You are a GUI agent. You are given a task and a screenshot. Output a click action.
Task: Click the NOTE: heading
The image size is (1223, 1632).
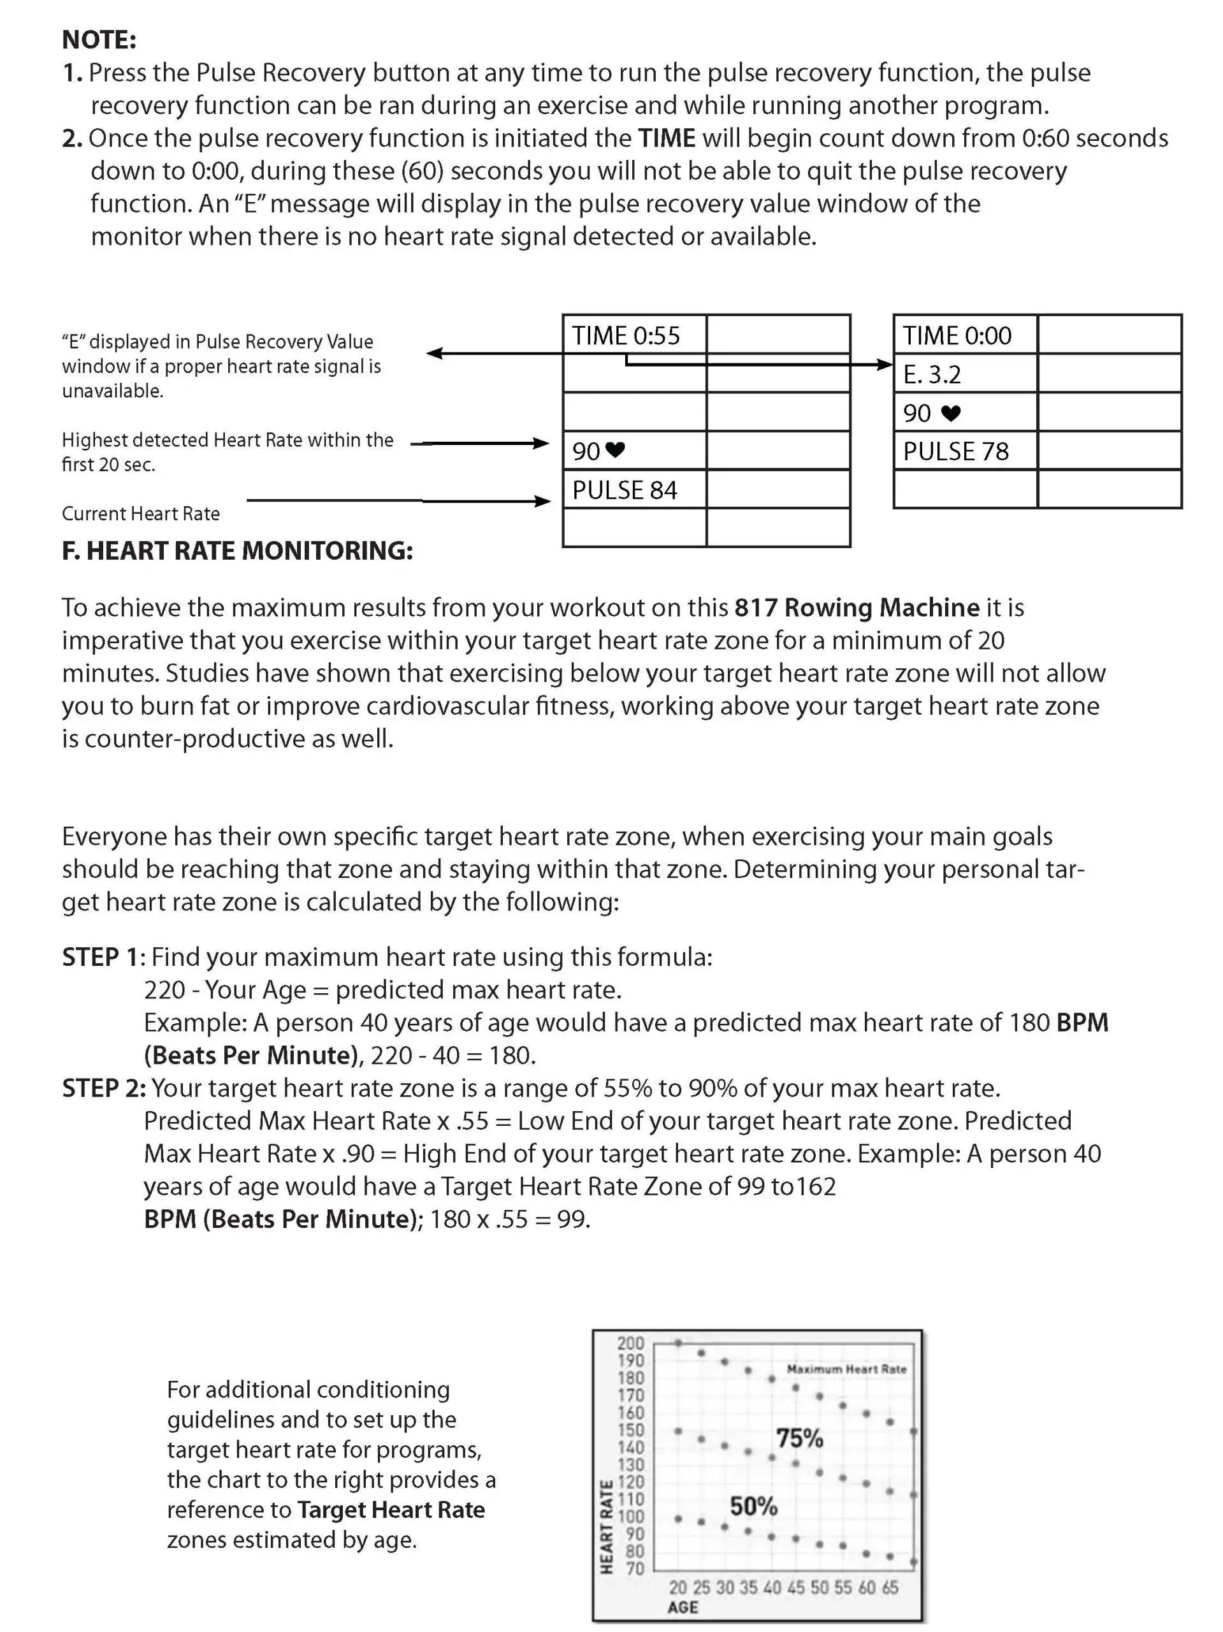(99, 39)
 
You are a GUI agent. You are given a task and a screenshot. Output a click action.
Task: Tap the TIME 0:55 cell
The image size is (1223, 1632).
(625, 336)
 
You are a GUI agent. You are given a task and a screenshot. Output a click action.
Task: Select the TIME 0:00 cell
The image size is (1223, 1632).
(957, 336)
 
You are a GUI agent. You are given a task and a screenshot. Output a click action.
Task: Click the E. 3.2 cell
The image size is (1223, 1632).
(932, 375)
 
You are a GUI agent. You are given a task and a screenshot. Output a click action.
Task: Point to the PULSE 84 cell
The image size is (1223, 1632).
(624, 490)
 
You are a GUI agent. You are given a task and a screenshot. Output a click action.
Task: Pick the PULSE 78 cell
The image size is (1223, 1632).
(955, 451)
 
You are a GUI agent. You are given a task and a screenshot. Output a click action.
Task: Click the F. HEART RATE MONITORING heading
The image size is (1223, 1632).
(237, 550)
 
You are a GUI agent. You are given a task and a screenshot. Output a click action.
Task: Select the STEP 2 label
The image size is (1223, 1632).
(103, 1088)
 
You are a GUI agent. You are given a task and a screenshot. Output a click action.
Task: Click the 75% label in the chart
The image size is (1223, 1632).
(799, 1438)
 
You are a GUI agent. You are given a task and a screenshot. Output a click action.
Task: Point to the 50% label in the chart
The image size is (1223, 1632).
(753, 1506)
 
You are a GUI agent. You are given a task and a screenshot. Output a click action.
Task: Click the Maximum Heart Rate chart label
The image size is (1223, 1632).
(846, 1369)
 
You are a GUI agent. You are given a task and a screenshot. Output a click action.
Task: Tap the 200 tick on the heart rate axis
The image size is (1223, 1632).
(631, 1343)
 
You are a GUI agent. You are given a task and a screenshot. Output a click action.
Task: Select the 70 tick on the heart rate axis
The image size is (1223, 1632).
(634, 1568)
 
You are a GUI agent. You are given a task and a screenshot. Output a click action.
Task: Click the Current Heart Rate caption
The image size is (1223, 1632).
(140, 513)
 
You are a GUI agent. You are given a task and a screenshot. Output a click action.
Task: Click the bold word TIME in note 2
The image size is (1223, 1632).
(666, 138)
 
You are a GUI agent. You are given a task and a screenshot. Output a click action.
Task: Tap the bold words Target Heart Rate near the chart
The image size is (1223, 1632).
(391, 1510)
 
